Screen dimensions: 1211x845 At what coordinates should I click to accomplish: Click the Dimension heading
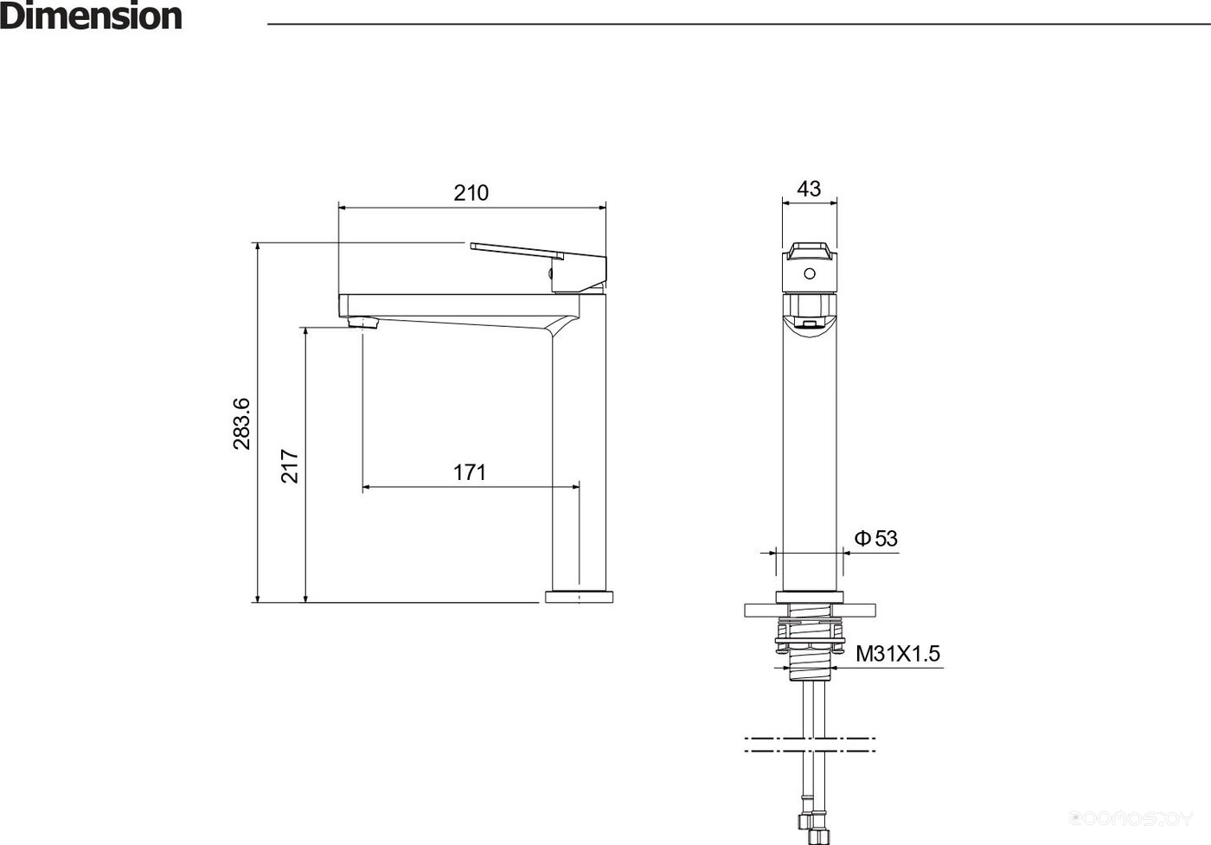[x=91, y=16]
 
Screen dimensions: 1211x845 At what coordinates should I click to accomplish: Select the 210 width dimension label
[x=471, y=193]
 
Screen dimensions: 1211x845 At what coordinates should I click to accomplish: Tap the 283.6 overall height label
[x=241, y=423]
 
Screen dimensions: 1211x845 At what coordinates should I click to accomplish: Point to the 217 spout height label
[x=289, y=465]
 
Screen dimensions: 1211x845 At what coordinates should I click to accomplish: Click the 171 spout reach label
[x=469, y=472]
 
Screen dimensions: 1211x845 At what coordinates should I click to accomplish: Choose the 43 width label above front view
[x=809, y=189]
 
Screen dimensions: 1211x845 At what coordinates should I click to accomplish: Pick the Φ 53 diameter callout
[x=875, y=538]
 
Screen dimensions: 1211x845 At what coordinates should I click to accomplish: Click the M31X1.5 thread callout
[x=898, y=654]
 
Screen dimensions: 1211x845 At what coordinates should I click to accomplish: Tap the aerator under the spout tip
[x=362, y=323]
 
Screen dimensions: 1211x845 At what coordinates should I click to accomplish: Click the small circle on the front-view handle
[x=810, y=273]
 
